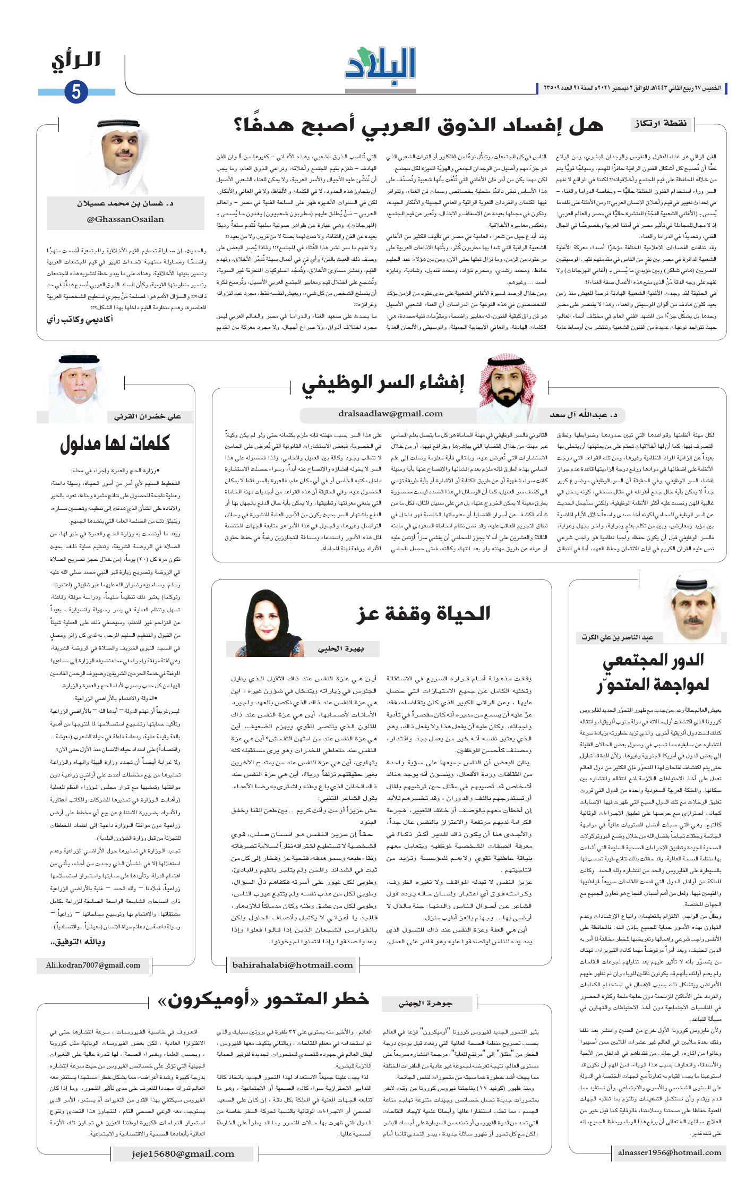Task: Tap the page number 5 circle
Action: coord(76,91)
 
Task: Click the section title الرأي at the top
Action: coord(76,61)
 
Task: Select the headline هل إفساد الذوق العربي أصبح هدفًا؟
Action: coord(418,125)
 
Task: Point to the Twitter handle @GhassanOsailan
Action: coord(125,219)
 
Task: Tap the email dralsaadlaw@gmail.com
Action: coord(390,414)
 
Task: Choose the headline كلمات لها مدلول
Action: coord(115,443)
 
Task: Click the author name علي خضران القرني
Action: coord(147,417)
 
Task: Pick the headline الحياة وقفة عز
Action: coord(423,614)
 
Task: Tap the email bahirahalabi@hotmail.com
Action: coord(293,965)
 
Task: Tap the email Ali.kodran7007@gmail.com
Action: coord(93,965)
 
